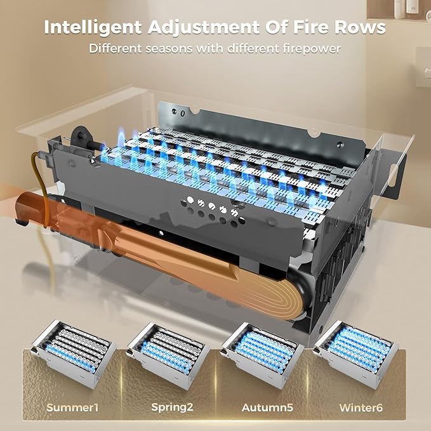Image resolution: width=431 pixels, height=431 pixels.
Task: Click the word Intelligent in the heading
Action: tap(93, 27)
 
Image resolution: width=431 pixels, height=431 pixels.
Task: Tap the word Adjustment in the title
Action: tap(203, 27)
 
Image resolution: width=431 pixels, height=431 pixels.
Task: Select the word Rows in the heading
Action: tap(362, 27)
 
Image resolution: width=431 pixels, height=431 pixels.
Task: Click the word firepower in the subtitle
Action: tap(312, 49)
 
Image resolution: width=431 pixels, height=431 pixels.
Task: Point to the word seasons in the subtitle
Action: tap(168, 49)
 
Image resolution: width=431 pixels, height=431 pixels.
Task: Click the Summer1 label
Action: tap(72, 407)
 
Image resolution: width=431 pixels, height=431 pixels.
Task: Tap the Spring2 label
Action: tap(173, 407)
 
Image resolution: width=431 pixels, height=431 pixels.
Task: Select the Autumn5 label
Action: tap(267, 408)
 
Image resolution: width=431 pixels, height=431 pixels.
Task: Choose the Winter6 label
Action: tap(361, 408)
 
